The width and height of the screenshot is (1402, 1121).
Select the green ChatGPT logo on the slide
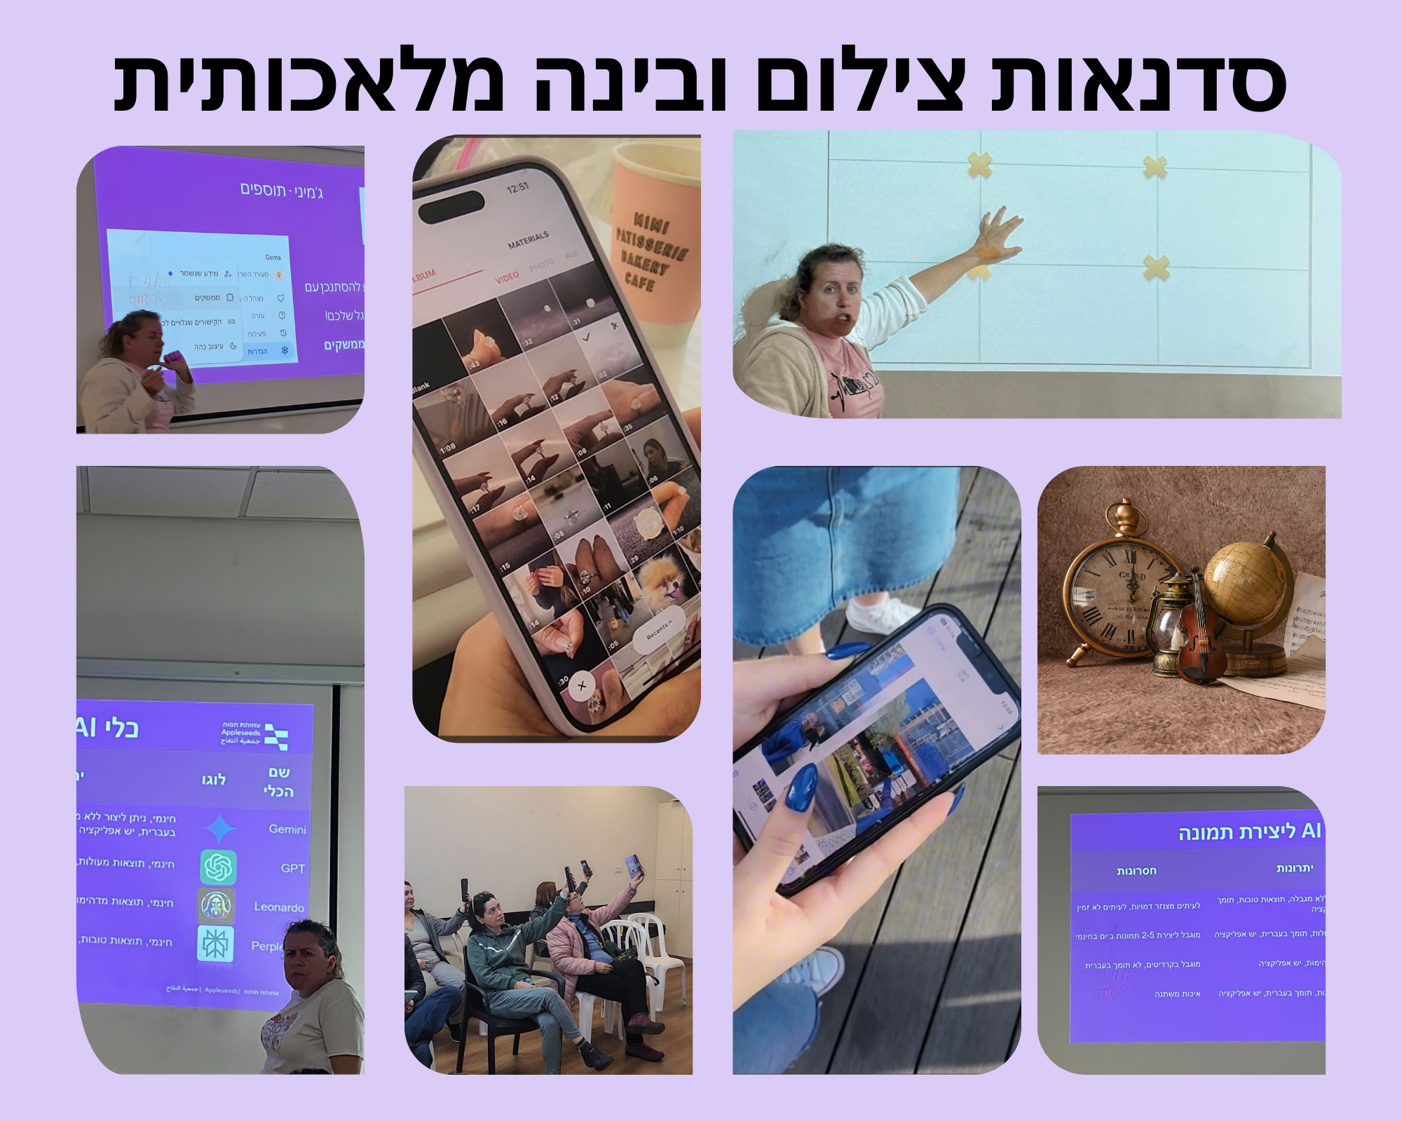coord(218,867)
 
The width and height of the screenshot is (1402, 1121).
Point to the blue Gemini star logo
coord(219,828)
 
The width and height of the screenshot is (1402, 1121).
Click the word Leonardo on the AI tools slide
coord(279,907)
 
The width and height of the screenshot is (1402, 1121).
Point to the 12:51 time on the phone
coord(518,188)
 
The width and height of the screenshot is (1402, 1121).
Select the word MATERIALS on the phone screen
coord(528,240)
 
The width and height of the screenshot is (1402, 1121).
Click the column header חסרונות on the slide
coord(1136,871)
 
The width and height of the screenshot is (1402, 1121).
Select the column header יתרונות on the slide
coord(1294,869)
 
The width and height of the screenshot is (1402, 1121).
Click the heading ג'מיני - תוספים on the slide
coord(282,190)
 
